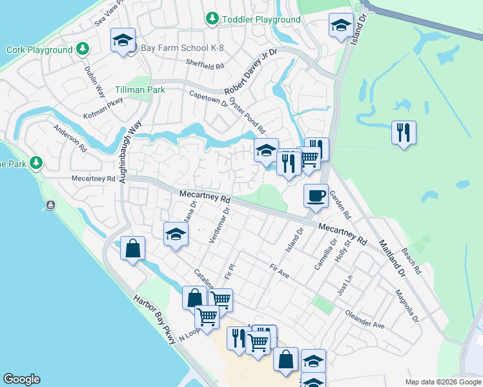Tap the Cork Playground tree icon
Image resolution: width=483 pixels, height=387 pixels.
coord(82,49)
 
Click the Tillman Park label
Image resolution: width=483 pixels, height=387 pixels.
coord(139,90)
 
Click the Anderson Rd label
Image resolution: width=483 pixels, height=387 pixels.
coord(70,138)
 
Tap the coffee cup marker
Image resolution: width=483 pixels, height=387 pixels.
coord(316,195)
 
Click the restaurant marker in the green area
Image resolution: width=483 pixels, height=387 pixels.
coord(404,133)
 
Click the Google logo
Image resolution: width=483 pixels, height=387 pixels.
coord(21,379)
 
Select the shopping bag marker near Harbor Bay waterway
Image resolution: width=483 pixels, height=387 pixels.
coord(132,248)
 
